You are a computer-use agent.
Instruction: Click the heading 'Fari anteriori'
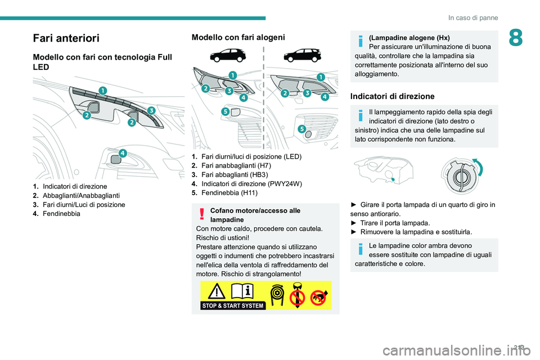click(66, 38)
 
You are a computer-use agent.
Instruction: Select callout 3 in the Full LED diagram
click(151, 110)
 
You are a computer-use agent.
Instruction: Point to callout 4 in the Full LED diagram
click(122, 153)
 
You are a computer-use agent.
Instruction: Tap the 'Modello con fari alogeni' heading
click(238, 37)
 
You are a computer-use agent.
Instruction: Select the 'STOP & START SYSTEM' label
click(233, 306)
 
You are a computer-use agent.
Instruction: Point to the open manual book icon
click(243, 291)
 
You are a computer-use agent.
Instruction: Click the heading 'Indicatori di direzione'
click(393, 96)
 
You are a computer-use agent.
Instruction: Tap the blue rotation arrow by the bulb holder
click(478, 167)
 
